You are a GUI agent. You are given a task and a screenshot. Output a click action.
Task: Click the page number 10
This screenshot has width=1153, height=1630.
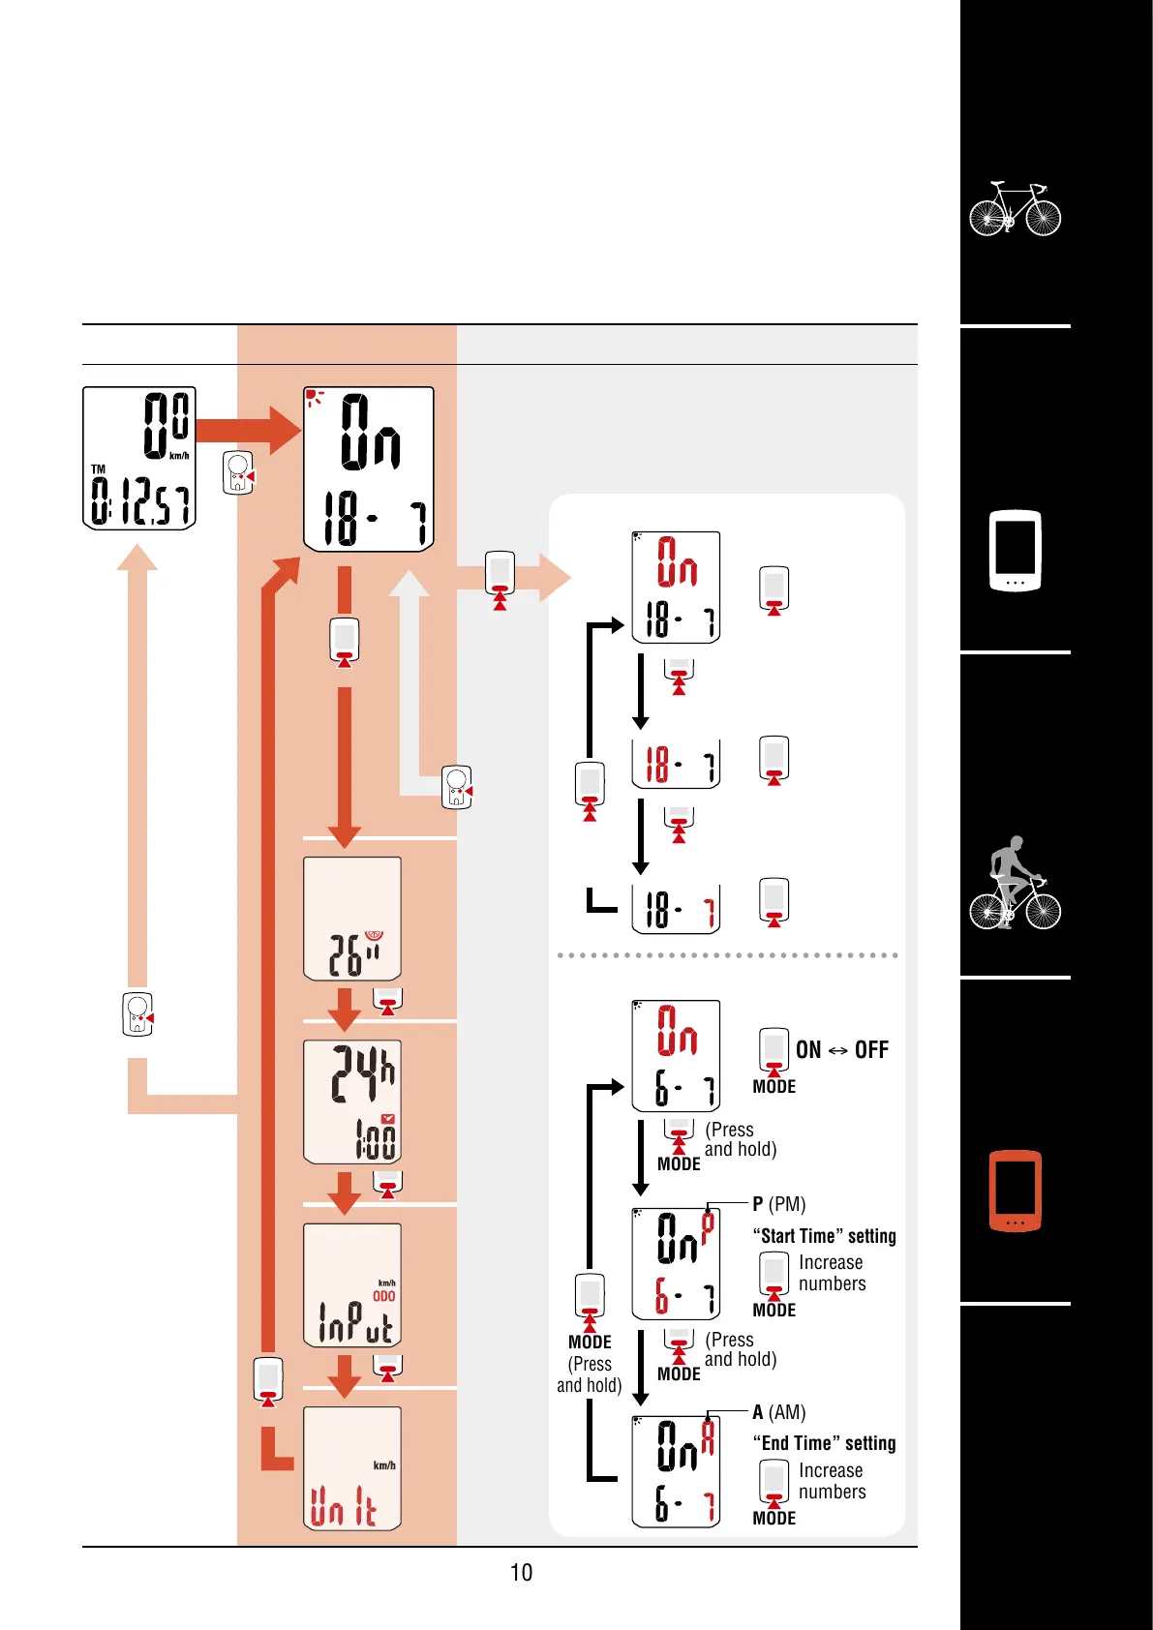click(521, 1572)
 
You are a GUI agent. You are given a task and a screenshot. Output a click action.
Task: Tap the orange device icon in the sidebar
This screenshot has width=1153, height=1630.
click(1015, 1191)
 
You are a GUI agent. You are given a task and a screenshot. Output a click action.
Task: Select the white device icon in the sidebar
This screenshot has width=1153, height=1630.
click(1015, 550)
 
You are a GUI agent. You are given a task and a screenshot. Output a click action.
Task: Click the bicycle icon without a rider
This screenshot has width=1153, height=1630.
click(1015, 209)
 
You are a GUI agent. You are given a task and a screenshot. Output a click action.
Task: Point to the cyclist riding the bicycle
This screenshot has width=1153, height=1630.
click(1015, 883)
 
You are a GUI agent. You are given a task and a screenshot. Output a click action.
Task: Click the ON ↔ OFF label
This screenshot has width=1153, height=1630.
click(841, 1050)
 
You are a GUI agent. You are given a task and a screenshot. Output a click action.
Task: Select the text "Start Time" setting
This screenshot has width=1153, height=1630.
click(824, 1236)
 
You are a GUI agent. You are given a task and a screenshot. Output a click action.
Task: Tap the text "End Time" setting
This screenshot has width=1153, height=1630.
click(824, 1443)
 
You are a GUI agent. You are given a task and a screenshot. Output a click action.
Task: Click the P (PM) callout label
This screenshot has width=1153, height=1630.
click(779, 1204)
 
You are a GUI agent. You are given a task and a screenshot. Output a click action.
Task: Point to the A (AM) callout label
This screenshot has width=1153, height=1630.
click(779, 1412)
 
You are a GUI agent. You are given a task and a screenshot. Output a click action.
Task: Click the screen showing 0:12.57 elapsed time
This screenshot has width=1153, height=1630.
click(139, 458)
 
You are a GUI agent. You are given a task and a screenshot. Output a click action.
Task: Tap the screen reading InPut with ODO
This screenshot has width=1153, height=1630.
click(352, 1285)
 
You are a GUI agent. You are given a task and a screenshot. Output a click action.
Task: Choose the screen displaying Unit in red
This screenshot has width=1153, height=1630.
click(352, 1467)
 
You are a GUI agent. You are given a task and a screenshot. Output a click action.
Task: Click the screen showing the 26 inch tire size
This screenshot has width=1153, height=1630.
click(352, 919)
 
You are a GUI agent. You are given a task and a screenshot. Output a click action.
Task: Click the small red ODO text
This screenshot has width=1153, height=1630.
click(384, 1296)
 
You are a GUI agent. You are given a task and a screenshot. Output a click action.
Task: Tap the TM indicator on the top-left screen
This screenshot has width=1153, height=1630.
click(98, 469)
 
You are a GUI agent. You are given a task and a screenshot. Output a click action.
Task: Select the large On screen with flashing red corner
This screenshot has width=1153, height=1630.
click(369, 468)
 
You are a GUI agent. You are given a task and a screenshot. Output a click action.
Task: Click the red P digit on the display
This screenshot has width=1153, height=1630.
click(708, 1227)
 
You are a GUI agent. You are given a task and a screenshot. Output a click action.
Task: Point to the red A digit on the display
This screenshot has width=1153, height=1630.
click(708, 1437)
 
